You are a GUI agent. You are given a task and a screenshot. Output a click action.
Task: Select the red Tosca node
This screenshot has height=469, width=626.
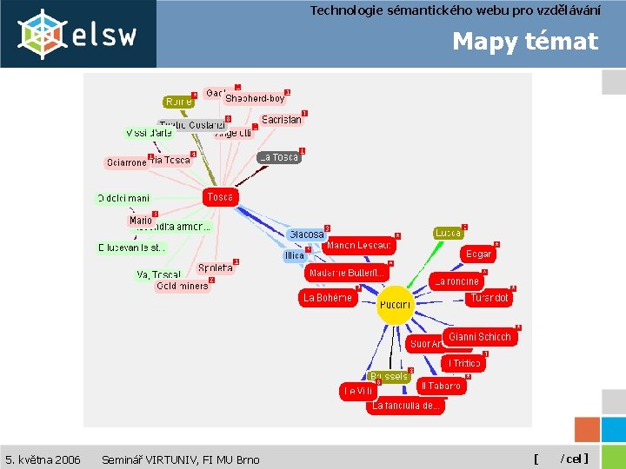220,197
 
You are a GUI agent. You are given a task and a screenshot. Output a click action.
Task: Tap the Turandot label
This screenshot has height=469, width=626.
489,298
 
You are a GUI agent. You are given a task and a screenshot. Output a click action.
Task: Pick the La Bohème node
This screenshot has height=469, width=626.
328,298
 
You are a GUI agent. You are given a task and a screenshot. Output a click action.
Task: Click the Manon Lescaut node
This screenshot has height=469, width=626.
359,246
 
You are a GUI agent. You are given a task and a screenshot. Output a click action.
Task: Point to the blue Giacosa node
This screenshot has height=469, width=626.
306,234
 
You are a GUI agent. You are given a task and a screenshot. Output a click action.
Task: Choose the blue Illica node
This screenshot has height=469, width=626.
296,255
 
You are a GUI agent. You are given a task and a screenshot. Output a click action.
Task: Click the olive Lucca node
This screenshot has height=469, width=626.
448,234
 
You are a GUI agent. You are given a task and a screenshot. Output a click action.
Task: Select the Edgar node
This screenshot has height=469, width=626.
478,254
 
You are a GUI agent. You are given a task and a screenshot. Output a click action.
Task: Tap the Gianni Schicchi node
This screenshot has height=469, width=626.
480,337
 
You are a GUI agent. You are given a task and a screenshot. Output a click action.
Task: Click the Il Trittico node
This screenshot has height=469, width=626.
464,363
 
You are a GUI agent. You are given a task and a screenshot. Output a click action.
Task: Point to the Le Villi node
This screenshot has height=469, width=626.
357,392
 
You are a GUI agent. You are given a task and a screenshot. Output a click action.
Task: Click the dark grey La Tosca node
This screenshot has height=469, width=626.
279,157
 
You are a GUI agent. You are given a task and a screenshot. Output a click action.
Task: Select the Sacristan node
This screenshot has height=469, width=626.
282,120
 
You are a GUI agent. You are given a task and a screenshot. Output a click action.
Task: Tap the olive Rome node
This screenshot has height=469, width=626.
178,102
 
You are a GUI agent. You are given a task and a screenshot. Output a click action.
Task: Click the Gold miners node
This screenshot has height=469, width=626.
183,286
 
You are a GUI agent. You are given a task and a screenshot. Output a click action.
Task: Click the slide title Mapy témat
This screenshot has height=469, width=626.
525,42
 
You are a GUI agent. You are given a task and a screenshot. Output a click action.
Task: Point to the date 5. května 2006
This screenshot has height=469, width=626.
43,459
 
